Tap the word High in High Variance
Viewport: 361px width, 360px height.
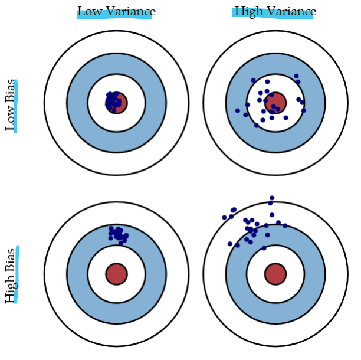pyautogui.click(x=248, y=11)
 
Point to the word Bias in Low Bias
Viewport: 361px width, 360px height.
pyautogui.click(x=11, y=89)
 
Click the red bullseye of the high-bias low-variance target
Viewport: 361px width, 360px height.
pyautogui.click(x=116, y=274)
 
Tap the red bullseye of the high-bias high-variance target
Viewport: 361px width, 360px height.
pyautogui.click(x=275, y=274)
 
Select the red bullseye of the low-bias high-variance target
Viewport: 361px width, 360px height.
pyautogui.click(x=275, y=103)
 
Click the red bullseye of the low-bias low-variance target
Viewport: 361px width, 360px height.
pyautogui.click(x=117, y=103)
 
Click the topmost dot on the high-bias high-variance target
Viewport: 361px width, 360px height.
pyautogui.click(x=271, y=198)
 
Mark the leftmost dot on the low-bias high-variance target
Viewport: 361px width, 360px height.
pyautogui.click(x=238, y=110)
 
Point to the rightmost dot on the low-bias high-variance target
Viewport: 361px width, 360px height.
pyautogui.click(x=303, y=110)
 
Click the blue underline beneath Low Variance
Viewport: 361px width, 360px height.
pyautogui.click(x=114, y=17)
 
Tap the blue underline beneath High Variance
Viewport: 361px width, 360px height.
pyautogui.click(x=273, y=17)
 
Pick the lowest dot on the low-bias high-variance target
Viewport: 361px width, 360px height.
pyautogui.click(x=257, y=125)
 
